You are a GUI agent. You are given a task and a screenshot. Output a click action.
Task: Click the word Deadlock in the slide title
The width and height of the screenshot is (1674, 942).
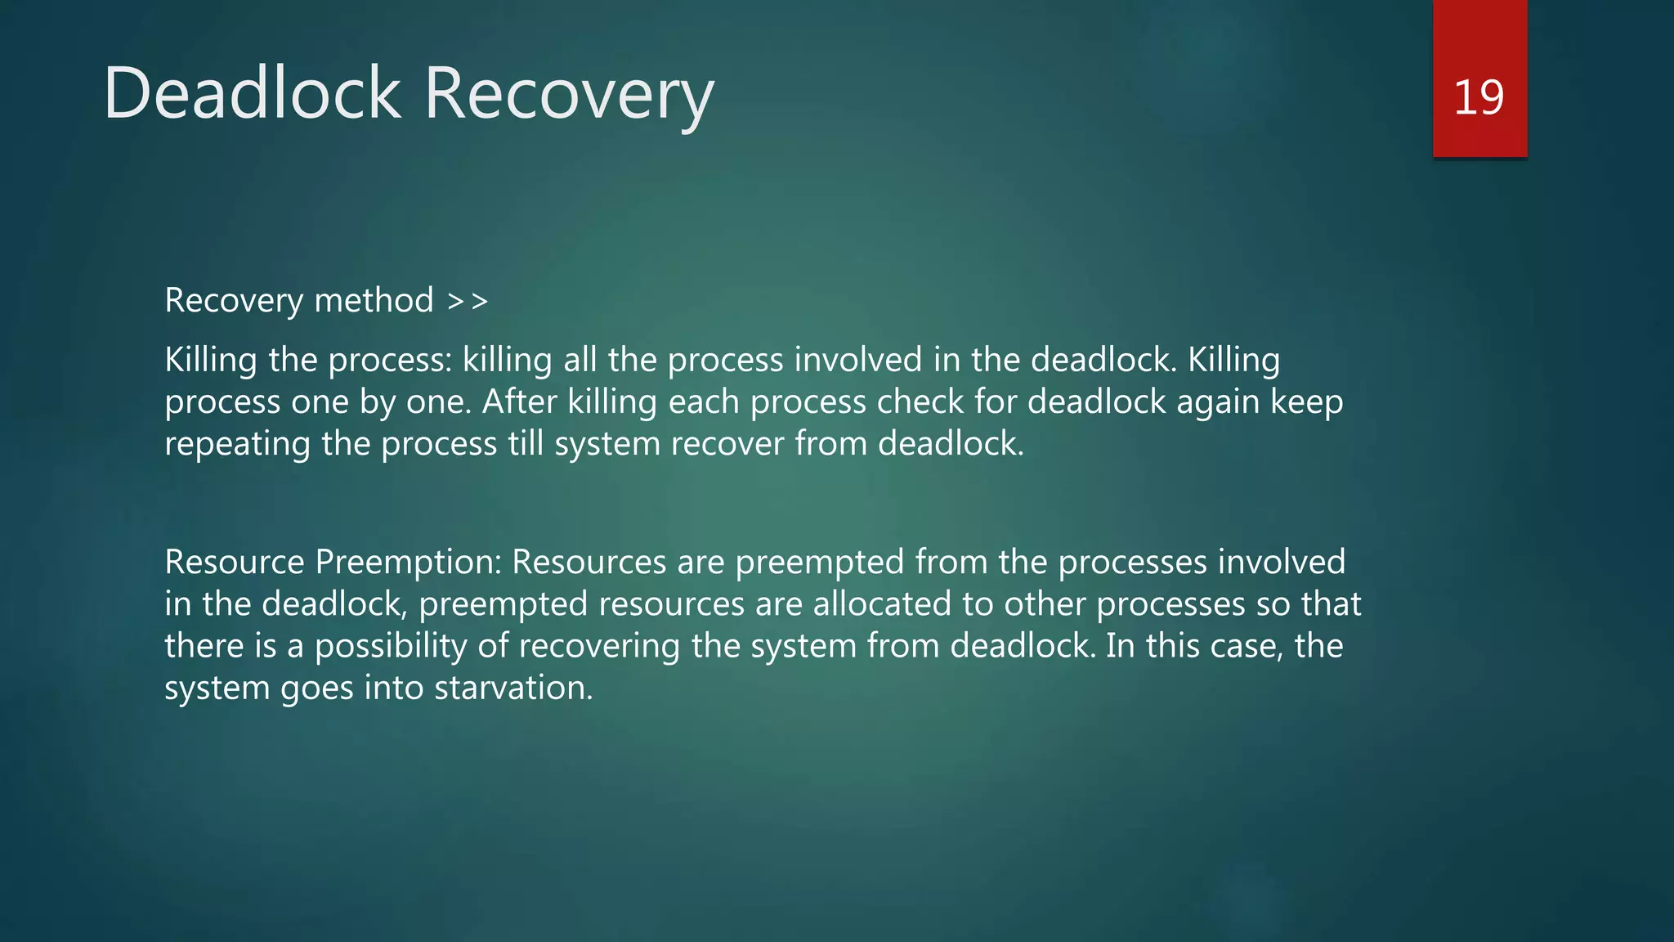pos(252,93)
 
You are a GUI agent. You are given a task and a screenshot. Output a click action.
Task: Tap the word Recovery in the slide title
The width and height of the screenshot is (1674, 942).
pos(569,95)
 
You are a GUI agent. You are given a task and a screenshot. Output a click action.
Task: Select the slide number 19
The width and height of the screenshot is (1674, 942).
pos(1479,97)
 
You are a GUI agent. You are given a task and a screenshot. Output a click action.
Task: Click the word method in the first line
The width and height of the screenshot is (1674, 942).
pos(374,300)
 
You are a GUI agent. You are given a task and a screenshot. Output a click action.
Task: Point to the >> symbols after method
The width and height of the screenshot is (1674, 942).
pos(468,301)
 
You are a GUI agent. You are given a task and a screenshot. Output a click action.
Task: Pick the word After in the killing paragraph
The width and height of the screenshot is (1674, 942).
pos(519,401)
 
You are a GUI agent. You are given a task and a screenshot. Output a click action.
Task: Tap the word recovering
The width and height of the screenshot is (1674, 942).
pos(599,647)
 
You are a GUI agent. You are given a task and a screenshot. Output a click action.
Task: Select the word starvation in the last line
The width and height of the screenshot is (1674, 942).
pos(512,688)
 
